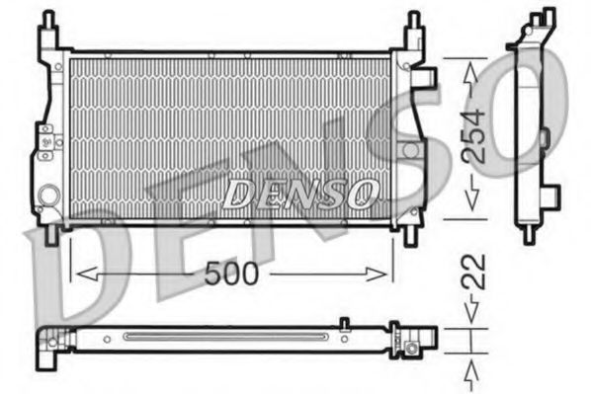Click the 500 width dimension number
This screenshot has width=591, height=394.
(232, 274)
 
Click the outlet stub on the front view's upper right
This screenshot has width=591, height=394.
(428, 76)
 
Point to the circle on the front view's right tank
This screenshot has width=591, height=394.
(408, 150)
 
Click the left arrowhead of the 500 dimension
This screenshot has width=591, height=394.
(81, 274)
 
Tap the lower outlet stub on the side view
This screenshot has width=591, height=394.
(550, 194)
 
